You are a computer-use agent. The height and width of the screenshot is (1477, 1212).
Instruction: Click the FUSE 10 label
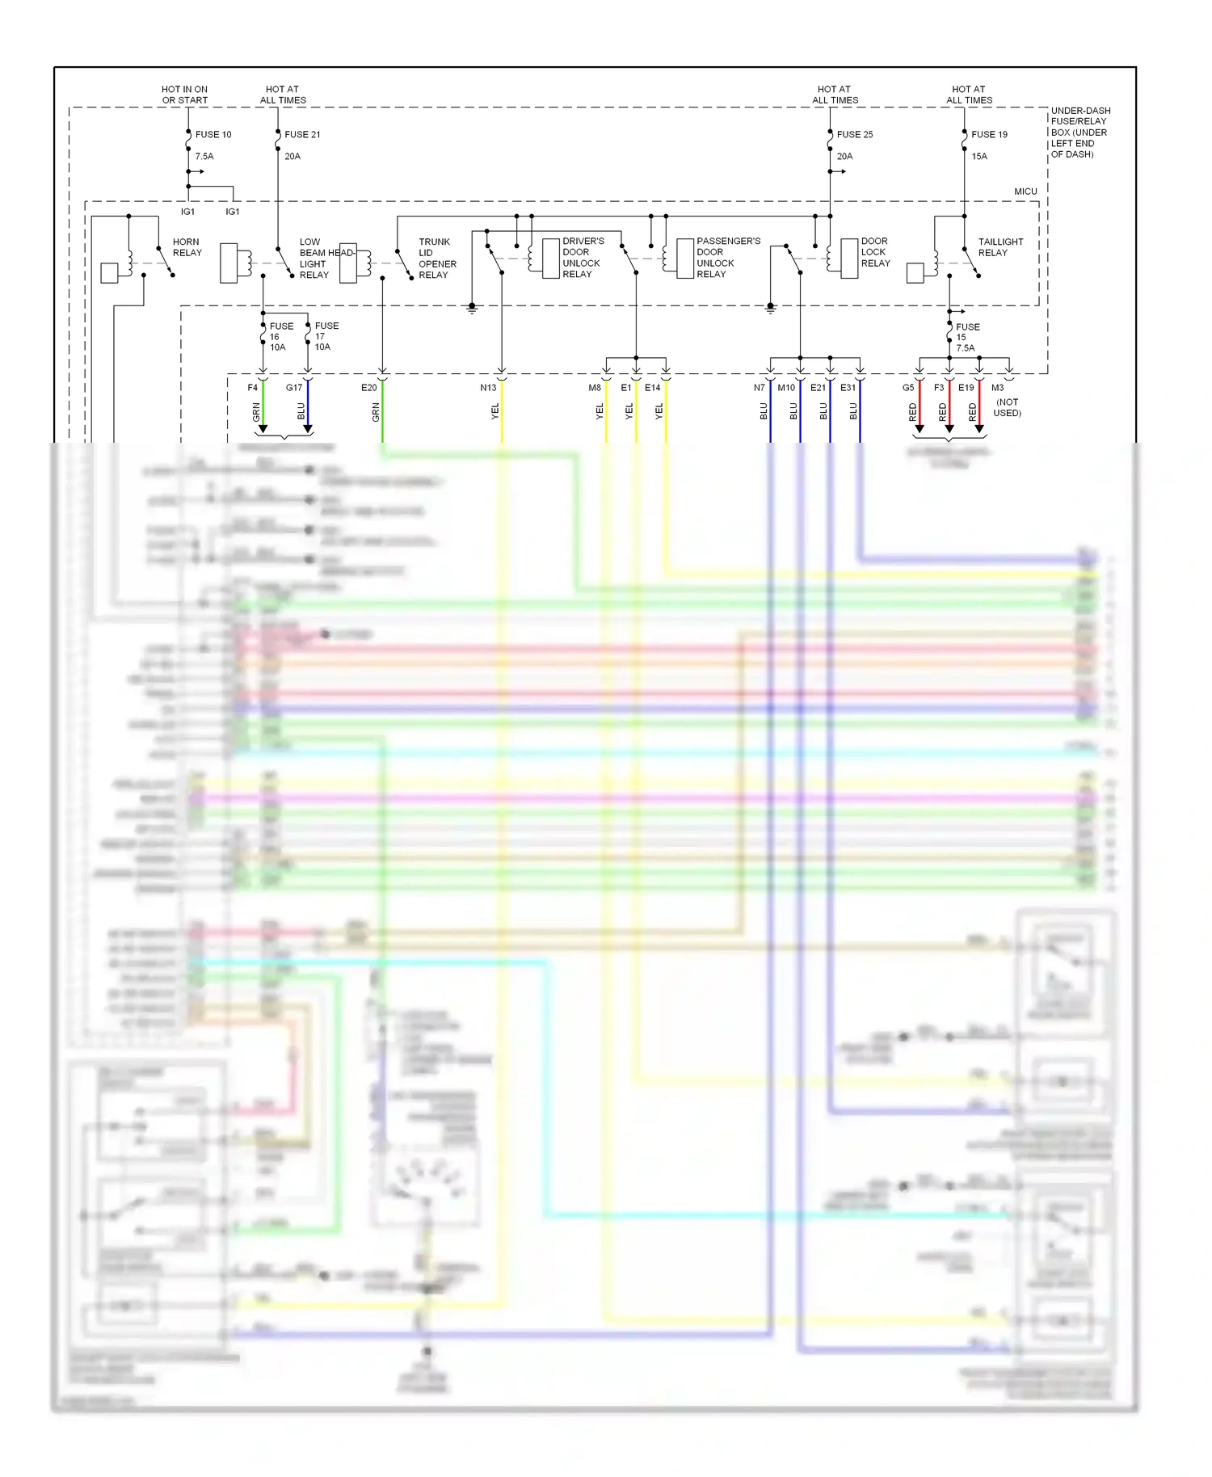click(213, 135)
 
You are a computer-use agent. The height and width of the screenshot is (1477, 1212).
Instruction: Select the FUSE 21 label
click(302, 135)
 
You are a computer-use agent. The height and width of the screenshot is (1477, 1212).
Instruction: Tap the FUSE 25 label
click(855, 135)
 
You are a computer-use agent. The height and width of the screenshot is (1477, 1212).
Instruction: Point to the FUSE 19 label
click(989, 135)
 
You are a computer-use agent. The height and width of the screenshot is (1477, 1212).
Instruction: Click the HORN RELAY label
click(187, 247)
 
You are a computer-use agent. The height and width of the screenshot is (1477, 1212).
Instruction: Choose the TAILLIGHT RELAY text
click(1000, 247)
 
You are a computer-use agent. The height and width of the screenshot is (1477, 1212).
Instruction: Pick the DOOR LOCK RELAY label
click(875, 252)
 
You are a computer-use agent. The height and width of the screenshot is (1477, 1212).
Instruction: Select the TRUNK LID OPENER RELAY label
click(437, 259)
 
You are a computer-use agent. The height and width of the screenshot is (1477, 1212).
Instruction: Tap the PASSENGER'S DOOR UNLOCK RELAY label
click(728, 258)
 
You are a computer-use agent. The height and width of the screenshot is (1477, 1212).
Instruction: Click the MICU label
click(1025, 191)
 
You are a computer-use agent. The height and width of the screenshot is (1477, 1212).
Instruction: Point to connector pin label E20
click(368, 388)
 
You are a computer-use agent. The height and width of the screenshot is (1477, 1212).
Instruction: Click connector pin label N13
click(488, 388)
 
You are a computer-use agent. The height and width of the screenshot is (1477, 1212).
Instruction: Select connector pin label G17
click(294, 388)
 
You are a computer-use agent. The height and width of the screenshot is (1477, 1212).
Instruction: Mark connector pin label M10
click(786, 388)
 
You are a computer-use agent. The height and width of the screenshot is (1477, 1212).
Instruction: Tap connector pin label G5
click(908, 388)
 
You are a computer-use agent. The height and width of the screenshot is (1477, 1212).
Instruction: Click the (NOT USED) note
click(1007, 407)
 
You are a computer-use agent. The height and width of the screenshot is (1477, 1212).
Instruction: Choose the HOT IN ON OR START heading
click(184, 95)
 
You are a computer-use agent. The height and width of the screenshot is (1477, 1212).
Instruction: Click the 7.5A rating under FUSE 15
click(966, 348)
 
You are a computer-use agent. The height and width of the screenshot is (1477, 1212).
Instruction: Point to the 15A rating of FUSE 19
click(979, 157)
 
